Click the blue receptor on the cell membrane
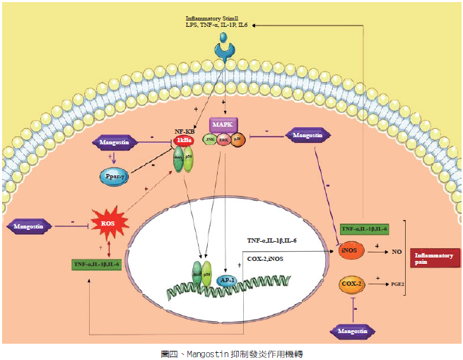[x=224, y=50]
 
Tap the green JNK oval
[x=210, y=140]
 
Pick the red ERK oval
[x=225, y=140]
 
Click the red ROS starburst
[x=109, y=224]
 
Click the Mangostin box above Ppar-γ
[x=115, y=143]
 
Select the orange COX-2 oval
[x=351, y=284]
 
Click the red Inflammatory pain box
[x=430, y=258]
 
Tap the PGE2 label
[x=399, y=284]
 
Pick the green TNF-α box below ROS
[x=96, y=265]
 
